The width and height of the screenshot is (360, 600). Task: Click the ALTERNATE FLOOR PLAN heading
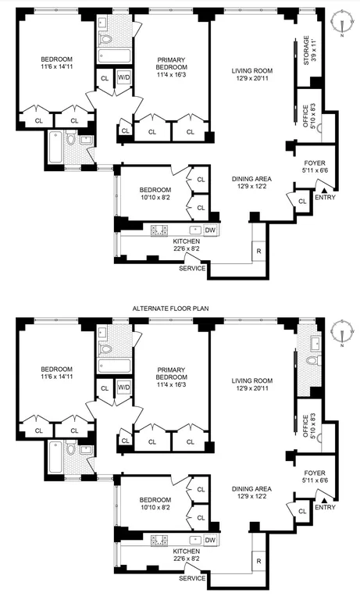click(170, 309)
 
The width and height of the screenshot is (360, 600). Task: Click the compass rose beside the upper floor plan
click(342, 23)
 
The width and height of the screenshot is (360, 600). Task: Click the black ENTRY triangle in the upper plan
click(324, 190)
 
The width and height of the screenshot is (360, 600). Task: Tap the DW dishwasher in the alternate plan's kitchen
click(210, 540)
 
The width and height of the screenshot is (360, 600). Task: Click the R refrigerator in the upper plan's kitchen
click(259, 252)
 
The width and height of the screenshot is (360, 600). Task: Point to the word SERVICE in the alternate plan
click(192, 578)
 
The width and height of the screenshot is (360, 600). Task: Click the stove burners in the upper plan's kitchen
click(159, 230)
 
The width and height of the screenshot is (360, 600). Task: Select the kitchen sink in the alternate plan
click(196, 540)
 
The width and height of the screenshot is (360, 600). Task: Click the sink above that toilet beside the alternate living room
click(316, 341)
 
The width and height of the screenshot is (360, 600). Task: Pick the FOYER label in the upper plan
click(315, 163)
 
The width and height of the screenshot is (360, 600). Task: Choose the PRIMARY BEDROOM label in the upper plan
click(171, 63)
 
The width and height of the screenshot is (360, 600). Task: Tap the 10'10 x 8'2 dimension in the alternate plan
click(155, 507)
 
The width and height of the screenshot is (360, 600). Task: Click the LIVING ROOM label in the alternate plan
click(252, 380)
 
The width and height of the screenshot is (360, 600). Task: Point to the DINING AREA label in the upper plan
click(251, 179)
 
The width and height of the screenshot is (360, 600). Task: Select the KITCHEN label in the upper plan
click(187, 241)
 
